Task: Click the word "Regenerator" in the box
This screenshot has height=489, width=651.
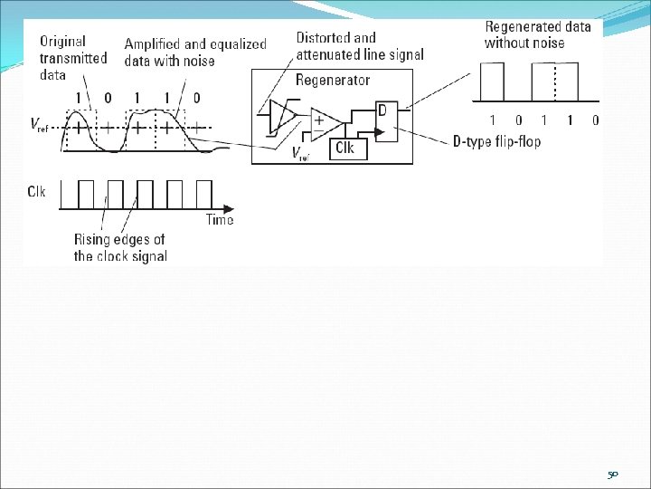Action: click(x=333, y=81)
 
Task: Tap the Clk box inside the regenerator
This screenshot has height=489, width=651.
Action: click(x=344, y=148)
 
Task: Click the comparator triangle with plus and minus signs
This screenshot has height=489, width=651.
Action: click(x=322, y=125)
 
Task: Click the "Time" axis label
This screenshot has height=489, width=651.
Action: click(x=219, y=220)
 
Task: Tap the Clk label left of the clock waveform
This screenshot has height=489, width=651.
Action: click(x=37, y=191)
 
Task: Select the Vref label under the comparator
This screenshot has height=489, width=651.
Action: click(x=302, y=155)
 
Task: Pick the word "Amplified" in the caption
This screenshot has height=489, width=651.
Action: click(x=155, y=43)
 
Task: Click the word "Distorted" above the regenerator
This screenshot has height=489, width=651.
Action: click(x=323, y=38)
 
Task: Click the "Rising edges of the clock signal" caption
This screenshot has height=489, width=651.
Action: click(x=120, y=248)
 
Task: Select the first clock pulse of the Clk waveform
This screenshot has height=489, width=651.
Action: click(x=86, y=192)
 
